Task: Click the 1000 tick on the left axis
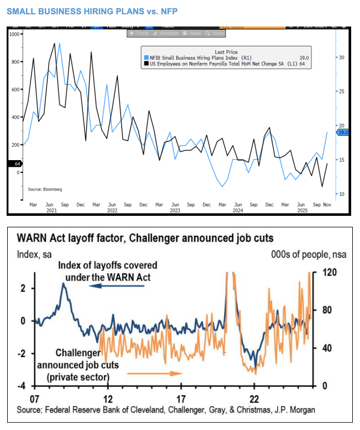coord(14,34)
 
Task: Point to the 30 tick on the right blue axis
coord(341,57)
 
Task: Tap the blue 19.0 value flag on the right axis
coord(342,132)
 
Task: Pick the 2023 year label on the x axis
coord(174,210)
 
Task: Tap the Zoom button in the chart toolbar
coord(215,33)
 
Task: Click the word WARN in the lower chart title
coord(37,238)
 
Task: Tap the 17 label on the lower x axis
coord(181,399)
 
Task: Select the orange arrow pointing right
coord(155,374)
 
